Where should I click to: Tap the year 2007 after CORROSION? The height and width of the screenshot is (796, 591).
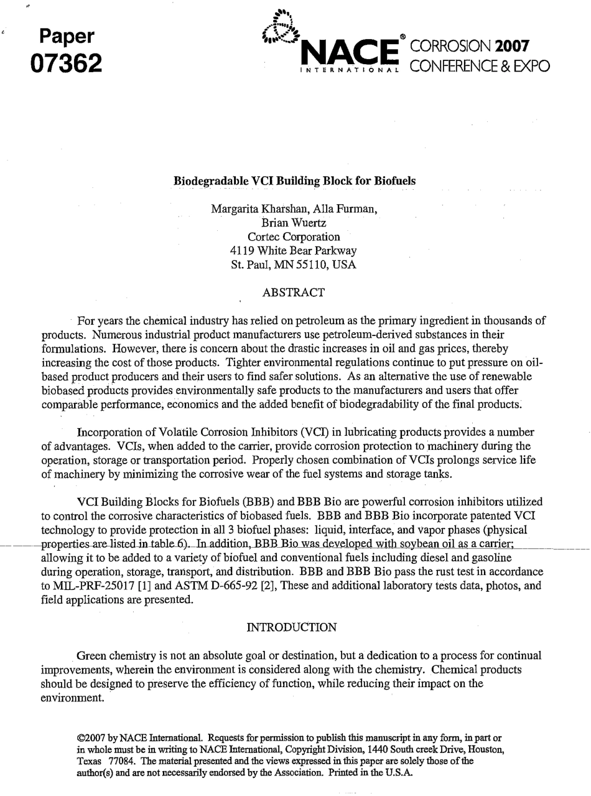510,47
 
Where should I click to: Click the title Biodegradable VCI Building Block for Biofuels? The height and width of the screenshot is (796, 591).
294,181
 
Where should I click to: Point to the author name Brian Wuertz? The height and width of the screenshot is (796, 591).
294,223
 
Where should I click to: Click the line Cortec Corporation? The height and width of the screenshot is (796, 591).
294,236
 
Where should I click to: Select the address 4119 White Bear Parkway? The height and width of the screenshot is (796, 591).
294,251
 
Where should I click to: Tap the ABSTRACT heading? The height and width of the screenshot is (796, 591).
294,292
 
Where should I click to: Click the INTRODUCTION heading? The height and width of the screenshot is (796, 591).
292,627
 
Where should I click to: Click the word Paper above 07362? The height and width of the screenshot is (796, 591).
67,36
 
